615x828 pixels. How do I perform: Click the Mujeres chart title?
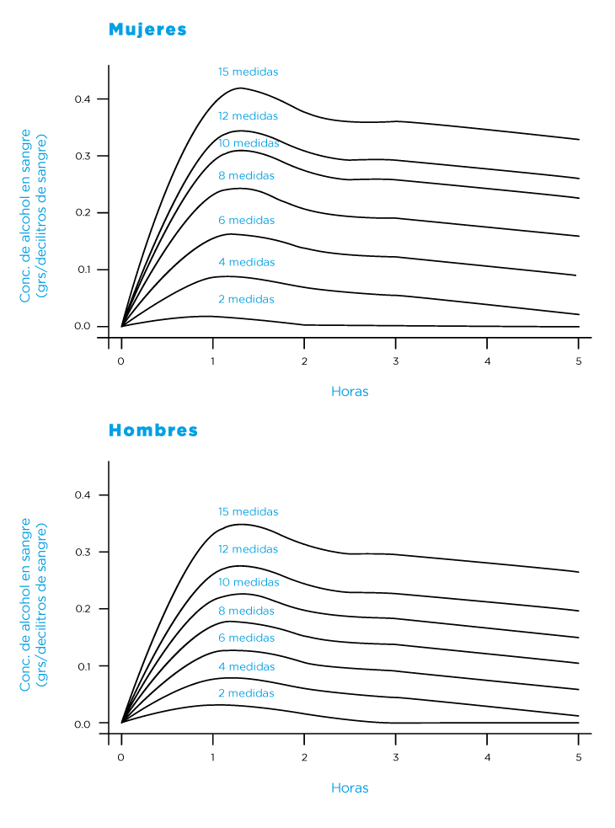147,29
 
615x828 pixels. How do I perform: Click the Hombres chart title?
153,430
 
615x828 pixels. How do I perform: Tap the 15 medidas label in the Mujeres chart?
248,72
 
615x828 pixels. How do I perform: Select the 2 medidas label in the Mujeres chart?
245,300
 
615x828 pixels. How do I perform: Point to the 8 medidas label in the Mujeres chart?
245,176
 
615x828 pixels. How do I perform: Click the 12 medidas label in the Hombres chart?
248,549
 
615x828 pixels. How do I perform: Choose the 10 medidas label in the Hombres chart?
248,583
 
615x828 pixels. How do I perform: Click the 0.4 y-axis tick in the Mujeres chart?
82,99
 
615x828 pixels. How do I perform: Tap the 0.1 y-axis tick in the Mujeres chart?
82,270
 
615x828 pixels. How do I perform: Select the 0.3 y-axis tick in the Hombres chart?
82,552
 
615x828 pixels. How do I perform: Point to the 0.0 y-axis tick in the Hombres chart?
82,723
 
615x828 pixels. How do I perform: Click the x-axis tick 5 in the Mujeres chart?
578,361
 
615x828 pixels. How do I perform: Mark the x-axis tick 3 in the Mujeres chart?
395,361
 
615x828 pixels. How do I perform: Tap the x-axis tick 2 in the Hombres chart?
304,757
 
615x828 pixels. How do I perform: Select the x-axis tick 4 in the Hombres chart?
487,757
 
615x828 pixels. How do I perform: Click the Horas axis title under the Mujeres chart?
350,392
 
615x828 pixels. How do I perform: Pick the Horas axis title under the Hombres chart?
350,788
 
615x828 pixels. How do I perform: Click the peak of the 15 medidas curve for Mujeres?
242,88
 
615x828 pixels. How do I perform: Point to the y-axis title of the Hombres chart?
33,605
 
